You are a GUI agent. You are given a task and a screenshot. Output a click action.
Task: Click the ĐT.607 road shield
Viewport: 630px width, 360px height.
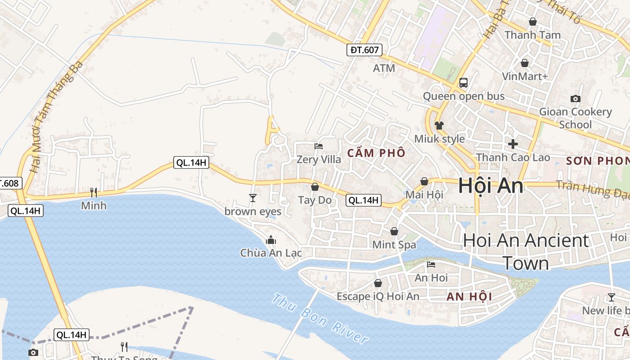pos(364,50)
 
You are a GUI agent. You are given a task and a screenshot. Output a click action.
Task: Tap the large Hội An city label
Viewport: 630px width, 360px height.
pos(490,186)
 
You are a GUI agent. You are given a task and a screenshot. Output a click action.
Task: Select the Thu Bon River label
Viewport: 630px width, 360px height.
pos(320,318)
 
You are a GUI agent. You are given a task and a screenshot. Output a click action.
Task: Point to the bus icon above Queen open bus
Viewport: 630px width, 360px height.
pos(463,83)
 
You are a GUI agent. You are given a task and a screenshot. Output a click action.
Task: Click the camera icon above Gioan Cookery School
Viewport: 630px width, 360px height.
pos(575,99)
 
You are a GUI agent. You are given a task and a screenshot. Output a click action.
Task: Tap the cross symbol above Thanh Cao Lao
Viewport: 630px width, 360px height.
pos(513,144)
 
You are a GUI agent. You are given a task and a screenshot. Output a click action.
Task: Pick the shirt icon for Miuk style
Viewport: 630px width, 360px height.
pos(439,125)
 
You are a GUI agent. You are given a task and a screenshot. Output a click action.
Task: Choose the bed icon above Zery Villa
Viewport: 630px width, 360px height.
pos(319,146)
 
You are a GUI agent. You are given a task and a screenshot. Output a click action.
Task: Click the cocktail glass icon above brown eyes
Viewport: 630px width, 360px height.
pos(253,198)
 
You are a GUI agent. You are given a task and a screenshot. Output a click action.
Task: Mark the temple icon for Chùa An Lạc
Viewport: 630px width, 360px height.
pos(271,240)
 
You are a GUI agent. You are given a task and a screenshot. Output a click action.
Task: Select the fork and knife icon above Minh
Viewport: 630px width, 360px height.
pos(94,193)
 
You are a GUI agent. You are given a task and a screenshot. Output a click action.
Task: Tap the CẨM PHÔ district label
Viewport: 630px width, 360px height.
pos(376,153)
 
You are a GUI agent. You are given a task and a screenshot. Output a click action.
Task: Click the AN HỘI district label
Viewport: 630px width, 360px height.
pos(469,297)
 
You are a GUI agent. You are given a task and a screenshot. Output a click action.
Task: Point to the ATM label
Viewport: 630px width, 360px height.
pos(384,68)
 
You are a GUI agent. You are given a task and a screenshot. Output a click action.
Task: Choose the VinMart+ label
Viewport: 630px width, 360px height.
pos(525,76)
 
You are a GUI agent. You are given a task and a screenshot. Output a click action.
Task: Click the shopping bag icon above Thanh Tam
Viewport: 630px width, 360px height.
pos(533,22)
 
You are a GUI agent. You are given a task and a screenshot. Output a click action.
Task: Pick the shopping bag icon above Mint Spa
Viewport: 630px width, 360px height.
pos(394,231)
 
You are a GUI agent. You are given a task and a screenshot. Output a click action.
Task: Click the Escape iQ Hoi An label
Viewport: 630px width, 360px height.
pos(378,297)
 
